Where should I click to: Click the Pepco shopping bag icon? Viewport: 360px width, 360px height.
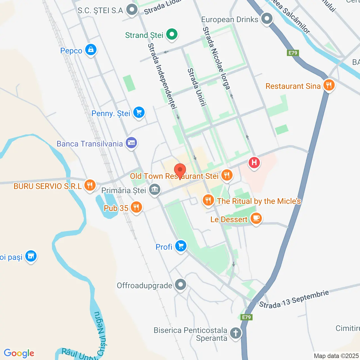pyautogui.click(x=91, y=50)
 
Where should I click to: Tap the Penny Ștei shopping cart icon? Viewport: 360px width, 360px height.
pyautogui.click(x=139, y=112)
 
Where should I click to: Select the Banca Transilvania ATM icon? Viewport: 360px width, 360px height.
pyautogui.click(x=131, y=143)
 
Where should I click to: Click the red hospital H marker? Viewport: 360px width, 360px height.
pyautogui.click(x=254, y=163)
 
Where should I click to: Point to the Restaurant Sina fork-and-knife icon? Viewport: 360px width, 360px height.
pyautogui.click(x=328, y=85)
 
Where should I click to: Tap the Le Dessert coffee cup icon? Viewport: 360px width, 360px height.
pyautogui.click(x=256, y=219)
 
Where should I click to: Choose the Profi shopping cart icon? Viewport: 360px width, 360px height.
pyautogui.click(x=181, y=246)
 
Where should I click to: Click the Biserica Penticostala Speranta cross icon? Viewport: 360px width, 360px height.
pyautogui.click(x=236, y=333)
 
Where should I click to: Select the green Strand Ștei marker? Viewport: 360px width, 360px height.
pyautogui.click(x=172, y=35)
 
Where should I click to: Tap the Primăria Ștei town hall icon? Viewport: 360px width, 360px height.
pyautogui.click(x=154, y=190)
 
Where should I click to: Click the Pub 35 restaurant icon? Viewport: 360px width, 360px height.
pyautogui.click(x=136, y=208)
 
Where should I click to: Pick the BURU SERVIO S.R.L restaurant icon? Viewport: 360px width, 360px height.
pyautogui.click(x=90, y=185)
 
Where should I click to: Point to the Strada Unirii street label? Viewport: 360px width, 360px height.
pyautogui.click(x=197, y=87)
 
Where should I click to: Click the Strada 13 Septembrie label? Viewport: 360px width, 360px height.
pyautogui.click(x=294, y=299)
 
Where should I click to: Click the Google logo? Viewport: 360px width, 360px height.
pyautogui.click(x=19, y=353)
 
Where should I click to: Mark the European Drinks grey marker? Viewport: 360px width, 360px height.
pyautogui.click(x=267, y=19)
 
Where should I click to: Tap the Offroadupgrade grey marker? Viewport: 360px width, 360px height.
pyautogui.click(x=180, y=285)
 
